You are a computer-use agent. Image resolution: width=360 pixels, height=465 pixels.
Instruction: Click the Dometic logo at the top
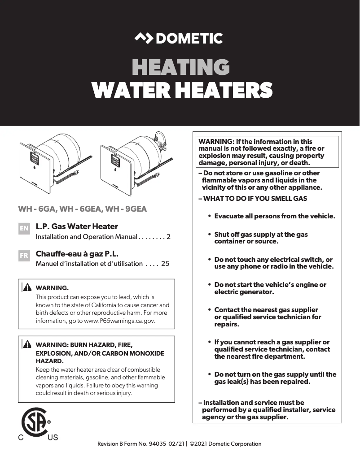pyautogui.click(x=179, y=39)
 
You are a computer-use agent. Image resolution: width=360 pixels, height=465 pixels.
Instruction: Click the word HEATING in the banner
pyautogui.click(x=180, y=67)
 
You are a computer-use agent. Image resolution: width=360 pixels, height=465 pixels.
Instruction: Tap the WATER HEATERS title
pyautogui.click(x=182, y=90)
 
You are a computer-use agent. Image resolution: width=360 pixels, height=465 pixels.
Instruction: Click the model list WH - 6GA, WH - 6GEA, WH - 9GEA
pyautogui.click(x=82, y=209)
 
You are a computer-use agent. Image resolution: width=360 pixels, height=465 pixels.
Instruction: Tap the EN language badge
pyautogui.click(x=24, y=228)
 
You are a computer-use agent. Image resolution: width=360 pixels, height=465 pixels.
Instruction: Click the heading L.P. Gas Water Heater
pyautogui.click(x=77, y=226)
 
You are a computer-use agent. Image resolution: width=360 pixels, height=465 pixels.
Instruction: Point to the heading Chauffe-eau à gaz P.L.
pyautogui.click(x=77, y=254)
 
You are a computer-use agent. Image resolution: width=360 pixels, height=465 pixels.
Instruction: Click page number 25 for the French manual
pyautogui.click(x=165, y=264)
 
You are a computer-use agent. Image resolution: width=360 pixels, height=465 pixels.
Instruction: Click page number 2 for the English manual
pyautogui.click(x=168, y=236)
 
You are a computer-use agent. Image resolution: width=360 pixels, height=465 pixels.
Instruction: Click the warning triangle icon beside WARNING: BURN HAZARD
pyautogui.click(x=27, y=345)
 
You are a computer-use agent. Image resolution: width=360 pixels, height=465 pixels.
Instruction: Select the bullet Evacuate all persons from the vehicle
pyautogui.click(x=274, y=216)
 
